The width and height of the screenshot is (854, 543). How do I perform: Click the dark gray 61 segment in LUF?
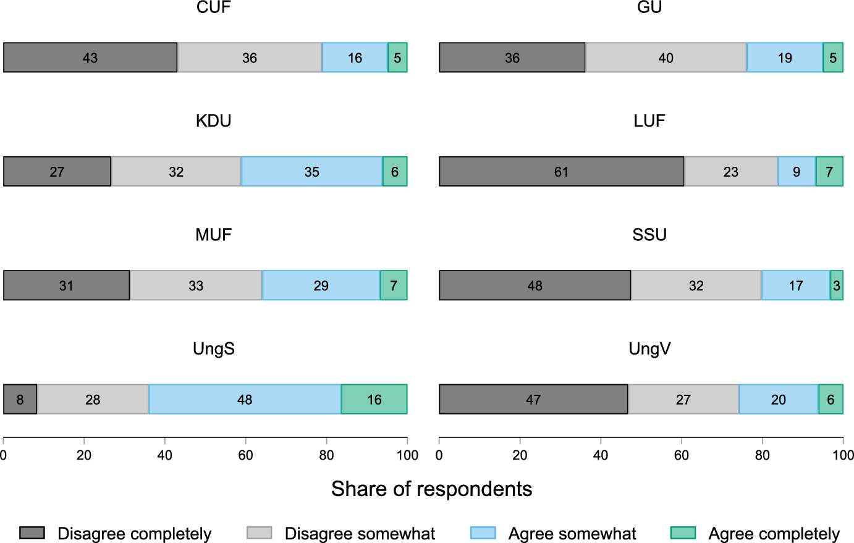[561, 172]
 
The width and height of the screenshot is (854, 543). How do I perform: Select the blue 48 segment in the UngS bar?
[245, 400]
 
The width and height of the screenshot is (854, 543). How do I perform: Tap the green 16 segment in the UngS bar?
[374, 400]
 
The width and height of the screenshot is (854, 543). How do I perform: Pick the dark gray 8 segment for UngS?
[20, 400]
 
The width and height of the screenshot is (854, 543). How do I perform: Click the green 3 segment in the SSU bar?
[837, 285]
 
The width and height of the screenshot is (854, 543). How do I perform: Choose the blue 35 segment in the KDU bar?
[311, 172]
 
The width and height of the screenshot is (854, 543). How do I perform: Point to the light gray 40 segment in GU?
[666, 58]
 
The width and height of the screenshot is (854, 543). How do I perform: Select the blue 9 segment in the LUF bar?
[797, 172]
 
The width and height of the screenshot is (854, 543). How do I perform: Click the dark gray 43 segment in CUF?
[90, 58]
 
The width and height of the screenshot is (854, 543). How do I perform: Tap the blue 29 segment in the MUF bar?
[321, 285]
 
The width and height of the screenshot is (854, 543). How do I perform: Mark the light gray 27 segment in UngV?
[683, 400]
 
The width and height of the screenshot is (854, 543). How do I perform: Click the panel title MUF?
[214, 235]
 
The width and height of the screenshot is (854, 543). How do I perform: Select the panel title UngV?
[649, 349]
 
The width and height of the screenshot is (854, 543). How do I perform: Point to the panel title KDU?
[214, 121]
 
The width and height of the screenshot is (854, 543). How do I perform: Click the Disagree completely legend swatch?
[32, 533]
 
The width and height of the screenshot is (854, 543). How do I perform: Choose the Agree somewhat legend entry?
[572, 534]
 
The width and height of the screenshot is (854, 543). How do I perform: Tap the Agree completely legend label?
[774, 534]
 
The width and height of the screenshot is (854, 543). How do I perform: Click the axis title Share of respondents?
[431, 489]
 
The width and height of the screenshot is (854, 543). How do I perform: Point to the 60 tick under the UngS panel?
[245, 456]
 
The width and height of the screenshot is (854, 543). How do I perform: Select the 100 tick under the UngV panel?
[843, 456]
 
